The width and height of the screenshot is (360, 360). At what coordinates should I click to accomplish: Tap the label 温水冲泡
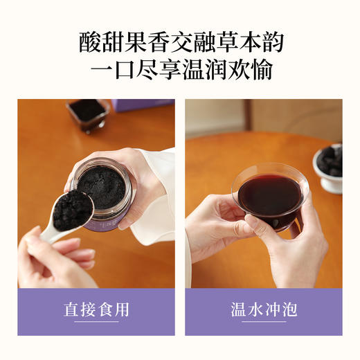264,309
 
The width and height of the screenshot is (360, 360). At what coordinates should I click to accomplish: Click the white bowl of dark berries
330,167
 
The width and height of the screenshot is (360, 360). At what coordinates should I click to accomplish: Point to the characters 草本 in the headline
234,43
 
